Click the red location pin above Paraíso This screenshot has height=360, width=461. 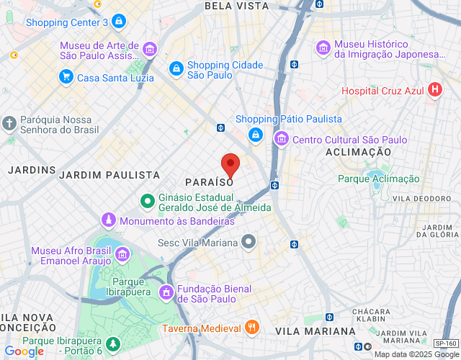[230, 165]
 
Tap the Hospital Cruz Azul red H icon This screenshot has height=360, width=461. [434, 91]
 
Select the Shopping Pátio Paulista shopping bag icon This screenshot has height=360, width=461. [255, 135]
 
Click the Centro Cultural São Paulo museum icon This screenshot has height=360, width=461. [281, 139]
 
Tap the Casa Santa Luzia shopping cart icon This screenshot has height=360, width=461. [66, 77]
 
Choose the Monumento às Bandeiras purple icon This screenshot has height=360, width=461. [109, 220]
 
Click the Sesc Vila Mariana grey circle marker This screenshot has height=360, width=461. [249, 242]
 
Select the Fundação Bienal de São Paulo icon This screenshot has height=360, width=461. [166, 292]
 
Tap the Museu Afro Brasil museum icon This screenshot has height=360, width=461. [122, 254]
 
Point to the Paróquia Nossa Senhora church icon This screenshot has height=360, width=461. [9, 123]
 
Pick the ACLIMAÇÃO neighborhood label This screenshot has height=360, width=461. [358, 153]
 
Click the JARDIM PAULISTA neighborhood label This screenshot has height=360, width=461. [109, 175]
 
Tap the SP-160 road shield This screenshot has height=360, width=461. [446, 344]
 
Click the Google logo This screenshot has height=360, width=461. [24, 351]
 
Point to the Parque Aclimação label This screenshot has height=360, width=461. [379, 179]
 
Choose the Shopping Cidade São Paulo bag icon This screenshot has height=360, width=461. [176, 68]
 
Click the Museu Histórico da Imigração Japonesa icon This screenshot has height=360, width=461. [323, 48]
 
